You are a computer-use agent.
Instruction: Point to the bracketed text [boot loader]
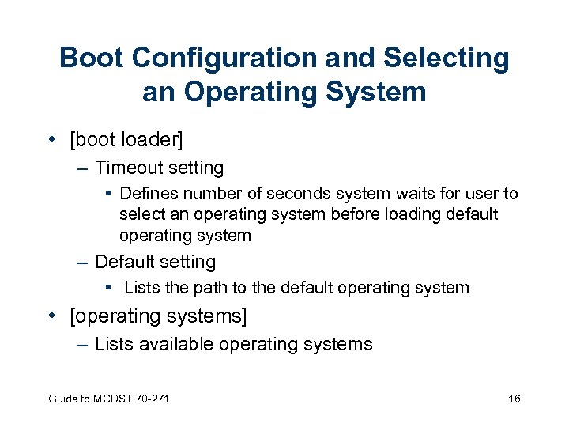coord(126,141)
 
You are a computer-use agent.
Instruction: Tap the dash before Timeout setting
coord(83,168)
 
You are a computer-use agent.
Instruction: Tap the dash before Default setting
coord(83,262)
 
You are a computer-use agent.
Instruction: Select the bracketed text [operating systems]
coord(159,317)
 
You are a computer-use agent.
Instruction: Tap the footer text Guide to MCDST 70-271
coord(108,399)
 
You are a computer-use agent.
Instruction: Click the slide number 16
coord(514,399)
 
